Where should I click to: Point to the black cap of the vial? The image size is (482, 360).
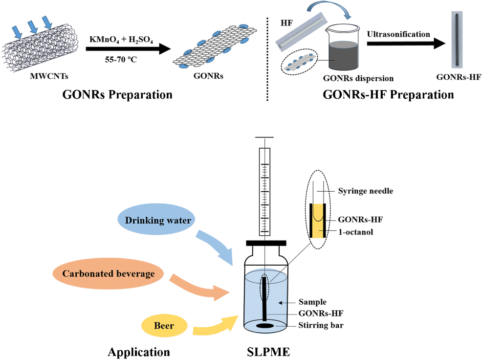(266, 243)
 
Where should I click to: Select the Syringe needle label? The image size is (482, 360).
(365, 191)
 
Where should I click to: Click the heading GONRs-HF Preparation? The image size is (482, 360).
(388, 94)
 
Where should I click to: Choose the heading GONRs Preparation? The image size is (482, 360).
(117, 94)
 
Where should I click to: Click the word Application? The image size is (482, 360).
(139, 352)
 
